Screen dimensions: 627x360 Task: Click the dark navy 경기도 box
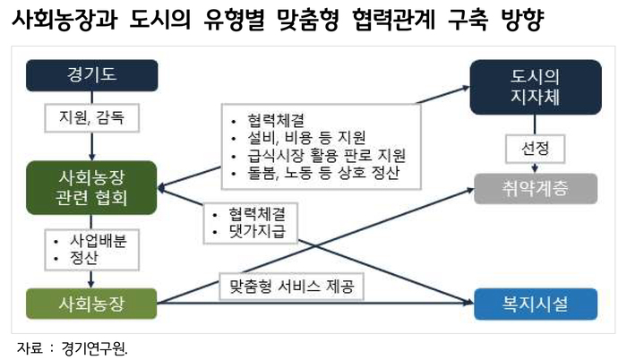[92, 75]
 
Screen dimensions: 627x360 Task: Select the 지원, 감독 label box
[92, 118]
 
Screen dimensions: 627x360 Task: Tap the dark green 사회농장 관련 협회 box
[91, 187]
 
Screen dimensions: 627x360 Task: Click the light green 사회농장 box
[91, 304]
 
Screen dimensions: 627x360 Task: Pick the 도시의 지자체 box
[536, 87]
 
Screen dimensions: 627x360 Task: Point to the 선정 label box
[536, 149]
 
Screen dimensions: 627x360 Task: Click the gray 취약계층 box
[536, 189]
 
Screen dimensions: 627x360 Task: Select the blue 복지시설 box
[536, 304]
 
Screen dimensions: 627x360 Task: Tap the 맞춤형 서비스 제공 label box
[291, 287]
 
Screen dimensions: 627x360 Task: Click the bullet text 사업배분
[99, 241]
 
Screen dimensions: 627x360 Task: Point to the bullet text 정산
[84, 259]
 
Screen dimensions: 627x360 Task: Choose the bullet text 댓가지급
[258, 232]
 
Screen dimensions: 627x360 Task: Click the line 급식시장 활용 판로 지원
[327, 155]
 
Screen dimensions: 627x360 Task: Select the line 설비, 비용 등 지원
[306, 138]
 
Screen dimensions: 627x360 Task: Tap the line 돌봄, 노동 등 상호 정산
[323, 173]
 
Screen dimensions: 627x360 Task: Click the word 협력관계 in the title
[393, 19]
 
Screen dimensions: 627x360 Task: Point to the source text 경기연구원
[94, 348]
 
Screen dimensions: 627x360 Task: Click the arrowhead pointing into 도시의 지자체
[466, 88]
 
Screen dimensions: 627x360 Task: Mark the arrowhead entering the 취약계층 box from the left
[470, 191]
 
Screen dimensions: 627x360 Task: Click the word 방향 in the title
[522, 19]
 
